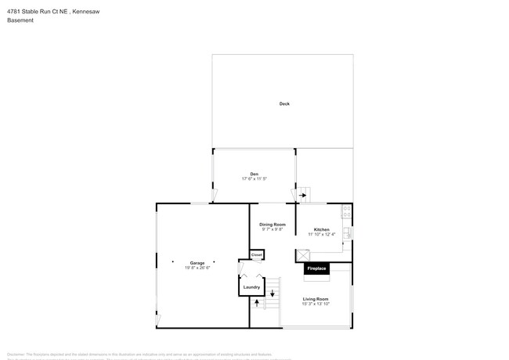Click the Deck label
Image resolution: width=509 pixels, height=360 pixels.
click(x=284, y=103)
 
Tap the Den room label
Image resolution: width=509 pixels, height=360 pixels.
click(x=254, y=174)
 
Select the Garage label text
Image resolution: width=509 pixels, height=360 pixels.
click(x=197, y=263)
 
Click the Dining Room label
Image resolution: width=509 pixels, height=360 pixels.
click(x=273, y=225)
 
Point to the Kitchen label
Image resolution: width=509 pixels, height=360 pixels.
click(x=321, y=229)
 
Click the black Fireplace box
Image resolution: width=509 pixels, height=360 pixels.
click(x=316, y=269)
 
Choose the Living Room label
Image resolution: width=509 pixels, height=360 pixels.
click(x=316, y=298)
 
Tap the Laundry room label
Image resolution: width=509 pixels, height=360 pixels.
click(x=251, y=287)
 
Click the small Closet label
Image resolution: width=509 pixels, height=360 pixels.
click(x=257, y=255)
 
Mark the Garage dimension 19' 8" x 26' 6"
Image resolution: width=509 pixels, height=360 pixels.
click(x=197, y=268)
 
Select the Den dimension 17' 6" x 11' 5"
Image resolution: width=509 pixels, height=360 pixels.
click(x=254, y=179)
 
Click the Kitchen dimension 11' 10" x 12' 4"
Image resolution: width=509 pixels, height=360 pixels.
click(x=321, y=234)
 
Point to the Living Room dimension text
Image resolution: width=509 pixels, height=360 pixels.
click(x=316, y=304)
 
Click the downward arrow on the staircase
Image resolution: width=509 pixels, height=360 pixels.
click(x=273, y=294)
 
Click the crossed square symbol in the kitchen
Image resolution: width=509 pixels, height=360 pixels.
click(x=302, y=255)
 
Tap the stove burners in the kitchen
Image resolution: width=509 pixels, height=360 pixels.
click(x=346, y=211)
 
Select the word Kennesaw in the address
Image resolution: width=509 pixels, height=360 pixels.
click(x=85, y=10)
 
